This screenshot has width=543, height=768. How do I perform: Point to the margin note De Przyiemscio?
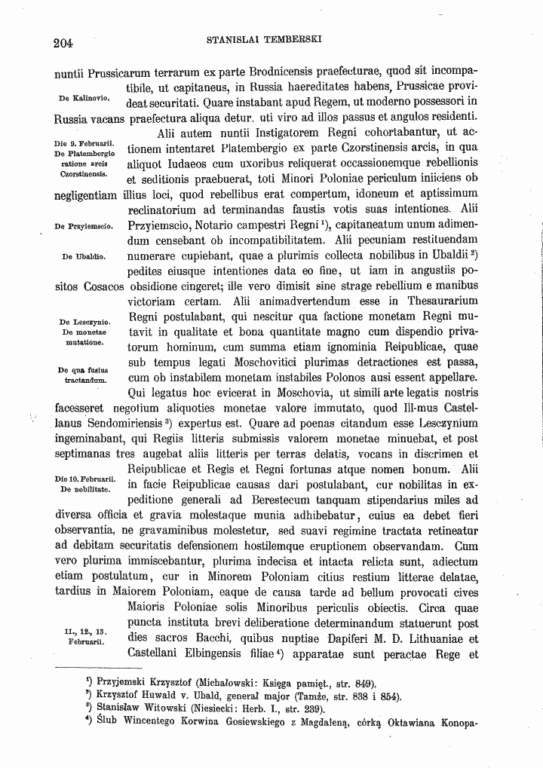click(x=84, y=225)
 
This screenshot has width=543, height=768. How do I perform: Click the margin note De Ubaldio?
click(x=84, y=257)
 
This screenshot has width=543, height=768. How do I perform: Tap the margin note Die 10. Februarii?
click(x=84, y=479)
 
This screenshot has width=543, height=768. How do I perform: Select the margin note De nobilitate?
click(x=85, y=489)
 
